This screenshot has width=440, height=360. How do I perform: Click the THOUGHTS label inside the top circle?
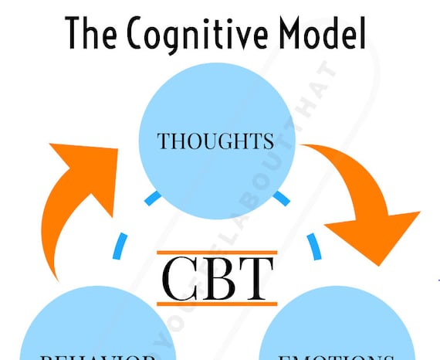(x=215, y=142)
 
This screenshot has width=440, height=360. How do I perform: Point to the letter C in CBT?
(x=181, y=280)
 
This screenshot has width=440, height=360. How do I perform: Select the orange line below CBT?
(x=217, y=304)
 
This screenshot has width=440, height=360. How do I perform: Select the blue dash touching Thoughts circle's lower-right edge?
(x=281, y=199)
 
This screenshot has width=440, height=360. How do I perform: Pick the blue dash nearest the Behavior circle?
(x=120, y=246)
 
